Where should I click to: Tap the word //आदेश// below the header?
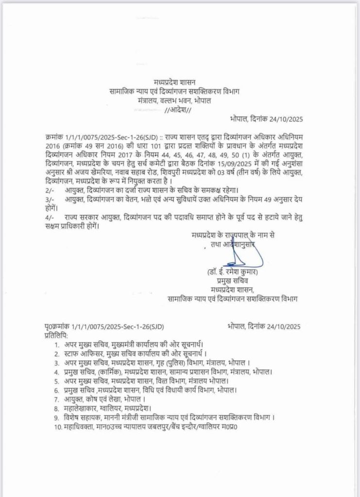178,110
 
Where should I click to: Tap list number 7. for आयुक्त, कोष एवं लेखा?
57,398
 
